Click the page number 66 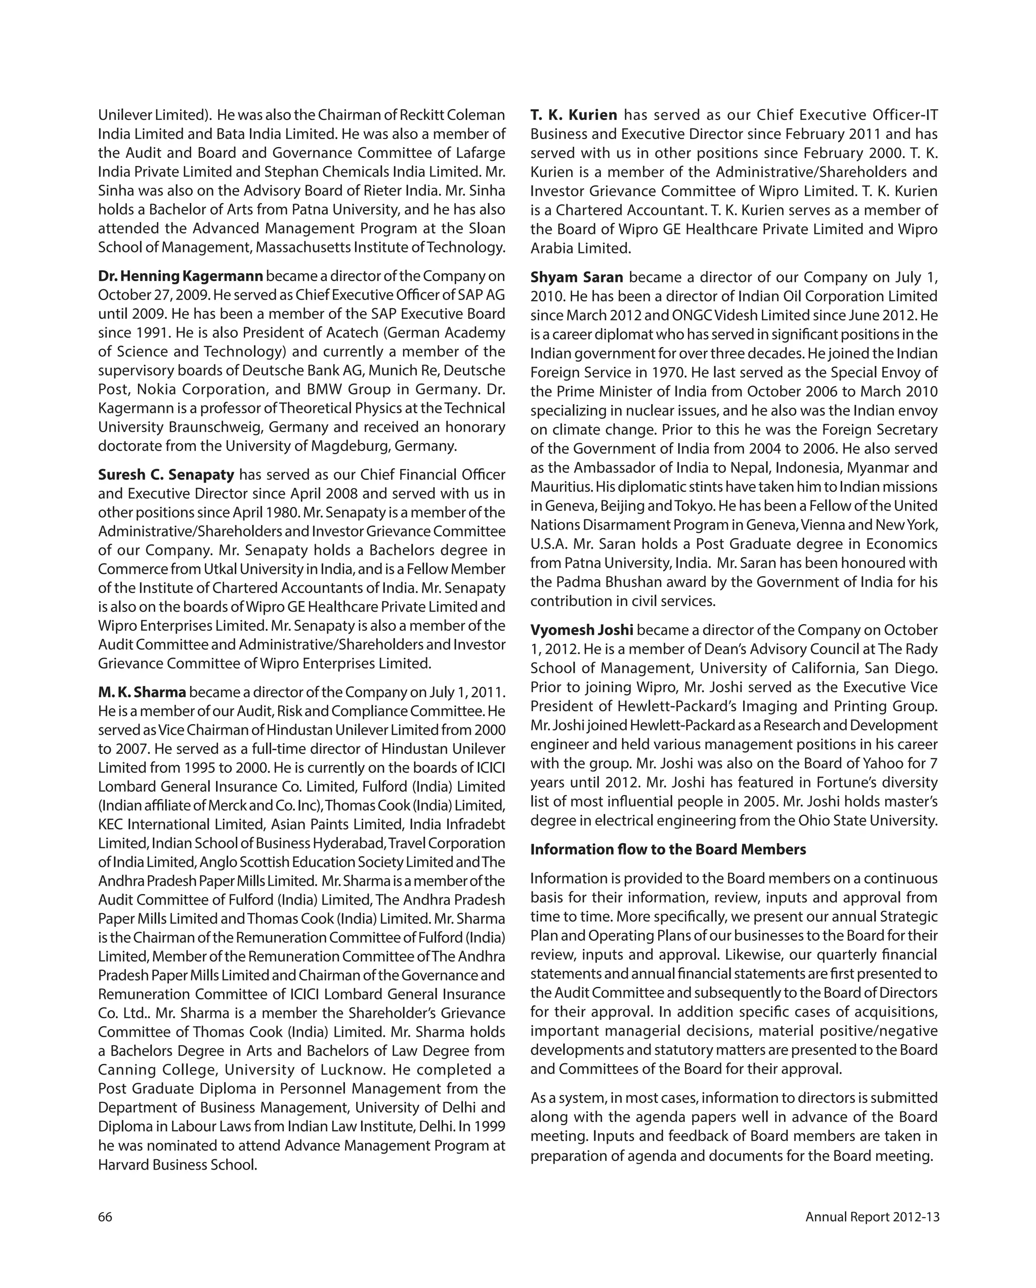105,1217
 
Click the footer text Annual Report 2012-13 872,1217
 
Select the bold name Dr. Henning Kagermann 181,276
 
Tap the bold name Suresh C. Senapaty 166,475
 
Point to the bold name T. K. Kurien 574,115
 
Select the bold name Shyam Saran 577,277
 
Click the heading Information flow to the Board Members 668,849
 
